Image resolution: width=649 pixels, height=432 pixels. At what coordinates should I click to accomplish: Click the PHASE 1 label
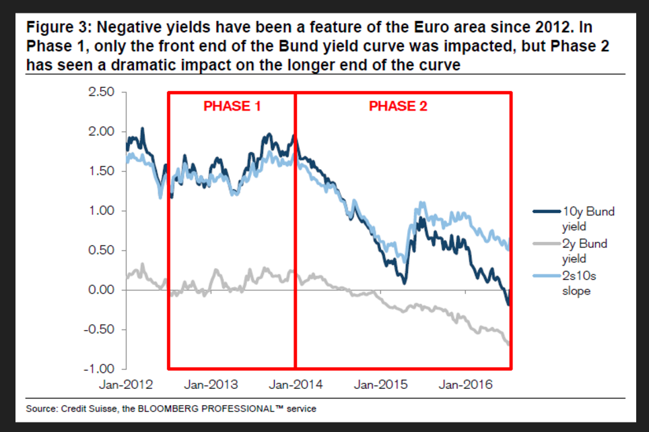(x=232, y=106)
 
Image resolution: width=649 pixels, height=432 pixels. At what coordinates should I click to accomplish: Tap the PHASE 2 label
(x=398, y=106)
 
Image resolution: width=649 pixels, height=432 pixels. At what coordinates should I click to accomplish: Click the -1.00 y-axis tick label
(x=100, y=370)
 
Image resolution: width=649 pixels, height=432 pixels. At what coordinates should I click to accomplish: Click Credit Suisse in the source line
(x=83, y=408)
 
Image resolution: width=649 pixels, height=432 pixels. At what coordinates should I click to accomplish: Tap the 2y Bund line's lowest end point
(x=508, y=344)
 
